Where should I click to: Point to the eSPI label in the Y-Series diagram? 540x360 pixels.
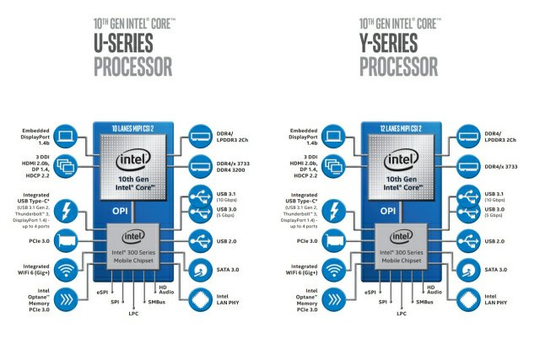370,292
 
